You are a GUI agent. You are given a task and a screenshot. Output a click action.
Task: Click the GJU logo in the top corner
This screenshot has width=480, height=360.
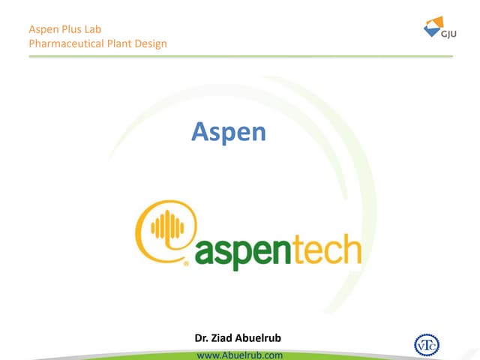point(432,28)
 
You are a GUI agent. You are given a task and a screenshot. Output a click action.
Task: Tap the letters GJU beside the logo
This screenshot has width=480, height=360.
point(446,34)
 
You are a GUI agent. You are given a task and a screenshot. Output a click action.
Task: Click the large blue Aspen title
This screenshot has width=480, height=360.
point(229,132)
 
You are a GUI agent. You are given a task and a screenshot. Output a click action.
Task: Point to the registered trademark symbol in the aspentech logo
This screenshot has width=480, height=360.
point(185,263)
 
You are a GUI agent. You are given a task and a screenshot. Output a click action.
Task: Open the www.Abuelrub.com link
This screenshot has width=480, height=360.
point(239,354)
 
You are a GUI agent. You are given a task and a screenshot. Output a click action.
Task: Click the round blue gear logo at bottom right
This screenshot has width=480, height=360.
point(427,344)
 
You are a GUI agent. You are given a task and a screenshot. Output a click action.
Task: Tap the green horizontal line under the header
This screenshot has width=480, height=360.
point(240,56)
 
